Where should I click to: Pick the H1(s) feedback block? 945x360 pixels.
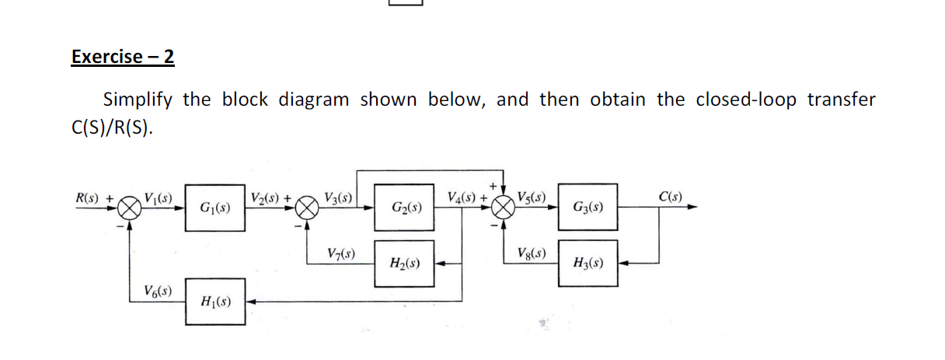point(215,301)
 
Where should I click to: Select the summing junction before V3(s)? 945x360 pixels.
point(309,208)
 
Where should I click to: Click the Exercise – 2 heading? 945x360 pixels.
point(123,57)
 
